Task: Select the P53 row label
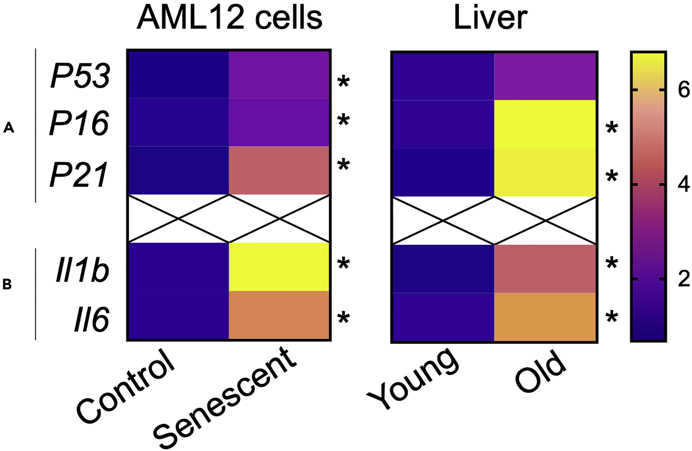[x=81, y=76]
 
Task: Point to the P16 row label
[x=80, y=123]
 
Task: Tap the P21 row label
[x=79, y=175]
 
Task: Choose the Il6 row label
[x=92, y=320]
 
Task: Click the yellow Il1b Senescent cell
[x=279, y=267]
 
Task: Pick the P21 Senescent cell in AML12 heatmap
[x=279, y=170]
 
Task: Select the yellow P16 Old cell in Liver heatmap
[x=545, y=124]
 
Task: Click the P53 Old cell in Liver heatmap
[x=545, y=76]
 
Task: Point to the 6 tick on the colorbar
[x=683, y=90]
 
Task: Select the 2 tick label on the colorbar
[x=683, y=279]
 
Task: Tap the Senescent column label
[x=224, y=397]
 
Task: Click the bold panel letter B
[x=7, y=284]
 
